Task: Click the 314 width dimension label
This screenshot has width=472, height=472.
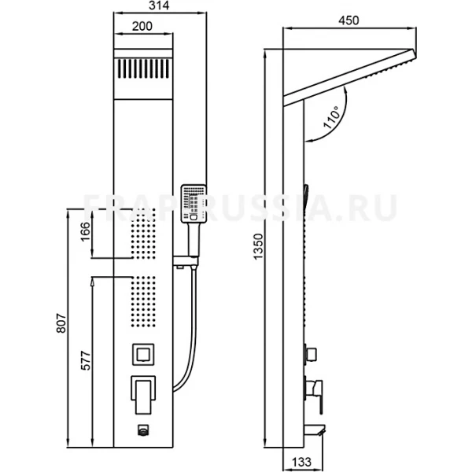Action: coord(159,6)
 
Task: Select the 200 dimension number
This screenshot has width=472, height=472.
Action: coord(142,26)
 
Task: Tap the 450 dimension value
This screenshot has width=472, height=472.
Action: coord(348,20)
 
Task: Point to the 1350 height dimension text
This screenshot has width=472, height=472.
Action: coord(258,246)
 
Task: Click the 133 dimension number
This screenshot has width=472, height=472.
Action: coord(301,462)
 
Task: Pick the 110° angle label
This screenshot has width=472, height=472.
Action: coord(330,116)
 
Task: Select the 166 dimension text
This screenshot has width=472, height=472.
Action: coord(86,231)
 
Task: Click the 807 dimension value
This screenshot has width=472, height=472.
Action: coord(61,323)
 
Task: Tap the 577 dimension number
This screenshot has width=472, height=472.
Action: coord(86,360)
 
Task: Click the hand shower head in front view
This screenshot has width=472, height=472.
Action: coord(194,204)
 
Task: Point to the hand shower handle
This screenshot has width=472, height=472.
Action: coord(194,240)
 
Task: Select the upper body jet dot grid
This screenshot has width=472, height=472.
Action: coord(143,234)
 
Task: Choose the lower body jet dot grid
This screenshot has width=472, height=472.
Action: coord(143,301)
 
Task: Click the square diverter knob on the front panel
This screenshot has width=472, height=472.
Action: coord(143,355)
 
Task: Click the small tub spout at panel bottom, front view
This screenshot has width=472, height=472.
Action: coord(143,430)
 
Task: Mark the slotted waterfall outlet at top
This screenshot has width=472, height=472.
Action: coord(143,68)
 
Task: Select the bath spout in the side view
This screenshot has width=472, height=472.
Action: coord(315,430)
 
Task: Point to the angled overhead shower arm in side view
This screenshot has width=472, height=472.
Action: coord(350,77)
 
